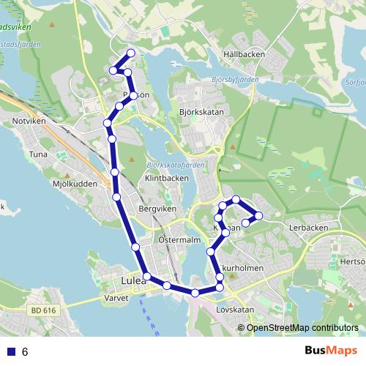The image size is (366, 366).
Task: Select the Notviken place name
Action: point(29,119)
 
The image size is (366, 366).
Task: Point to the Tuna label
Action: point(37,154)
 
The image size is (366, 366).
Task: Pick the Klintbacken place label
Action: point(167,178)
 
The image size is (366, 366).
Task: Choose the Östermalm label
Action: point(179,239)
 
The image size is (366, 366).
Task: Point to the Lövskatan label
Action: point(234,309)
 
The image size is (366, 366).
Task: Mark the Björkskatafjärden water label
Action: point(175,165)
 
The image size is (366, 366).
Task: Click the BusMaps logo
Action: point(332,351)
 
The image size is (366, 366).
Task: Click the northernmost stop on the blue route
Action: point(131,53)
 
